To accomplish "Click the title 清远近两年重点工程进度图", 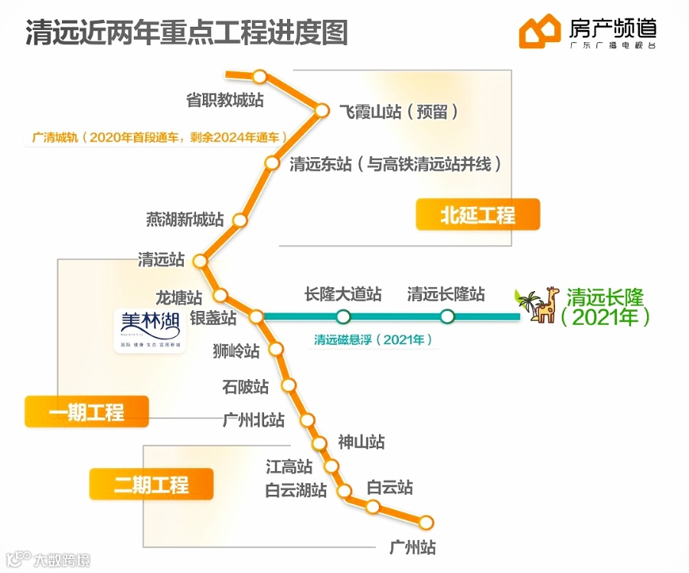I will [x=187, y=32].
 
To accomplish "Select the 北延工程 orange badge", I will [x=478, y=215].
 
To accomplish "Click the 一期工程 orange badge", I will [x=86, y=412].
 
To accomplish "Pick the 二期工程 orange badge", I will [x=151, y=484].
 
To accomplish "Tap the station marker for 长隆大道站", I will [x=343, y=316].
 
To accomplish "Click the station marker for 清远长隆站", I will [x=447, y=316].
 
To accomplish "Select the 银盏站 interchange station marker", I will [x=256, y=316].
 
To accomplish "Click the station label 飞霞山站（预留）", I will [x=399, y=112].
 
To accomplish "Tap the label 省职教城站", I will [x=225, y=100].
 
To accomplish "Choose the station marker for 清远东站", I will [x=272, y=162].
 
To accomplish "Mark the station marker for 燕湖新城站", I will [x=240, y=220].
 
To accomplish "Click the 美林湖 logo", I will [x=150, y=330].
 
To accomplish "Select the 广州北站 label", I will [x=253, y=420].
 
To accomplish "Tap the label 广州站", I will [x=413, y=548].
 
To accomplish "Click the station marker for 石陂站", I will [x=289, y=385].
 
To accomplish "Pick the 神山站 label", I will [x=361, y=442].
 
